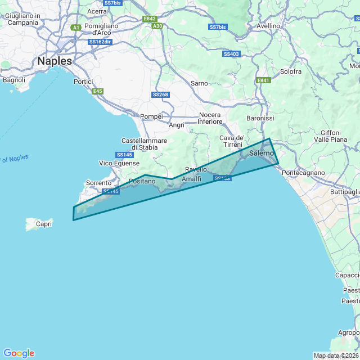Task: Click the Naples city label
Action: (54, 61)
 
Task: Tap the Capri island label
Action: (43, 224)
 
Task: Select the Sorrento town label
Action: (98, 183)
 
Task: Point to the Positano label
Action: (142, 181)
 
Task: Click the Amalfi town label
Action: (192, 179)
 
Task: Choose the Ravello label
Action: (196, 169)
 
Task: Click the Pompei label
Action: (151, 116)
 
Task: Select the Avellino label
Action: (268, 26)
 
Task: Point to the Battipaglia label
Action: (345, 192)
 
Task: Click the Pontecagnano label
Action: (303, 173)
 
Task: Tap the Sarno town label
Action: (199, 83)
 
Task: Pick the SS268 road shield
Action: (160, 94)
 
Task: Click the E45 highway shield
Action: (98, 91)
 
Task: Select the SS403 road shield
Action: (231, 54)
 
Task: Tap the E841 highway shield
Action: (263, 80)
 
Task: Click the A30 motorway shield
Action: (157, 26)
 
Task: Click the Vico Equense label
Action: (119, 163)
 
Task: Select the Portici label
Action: (83, 82)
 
